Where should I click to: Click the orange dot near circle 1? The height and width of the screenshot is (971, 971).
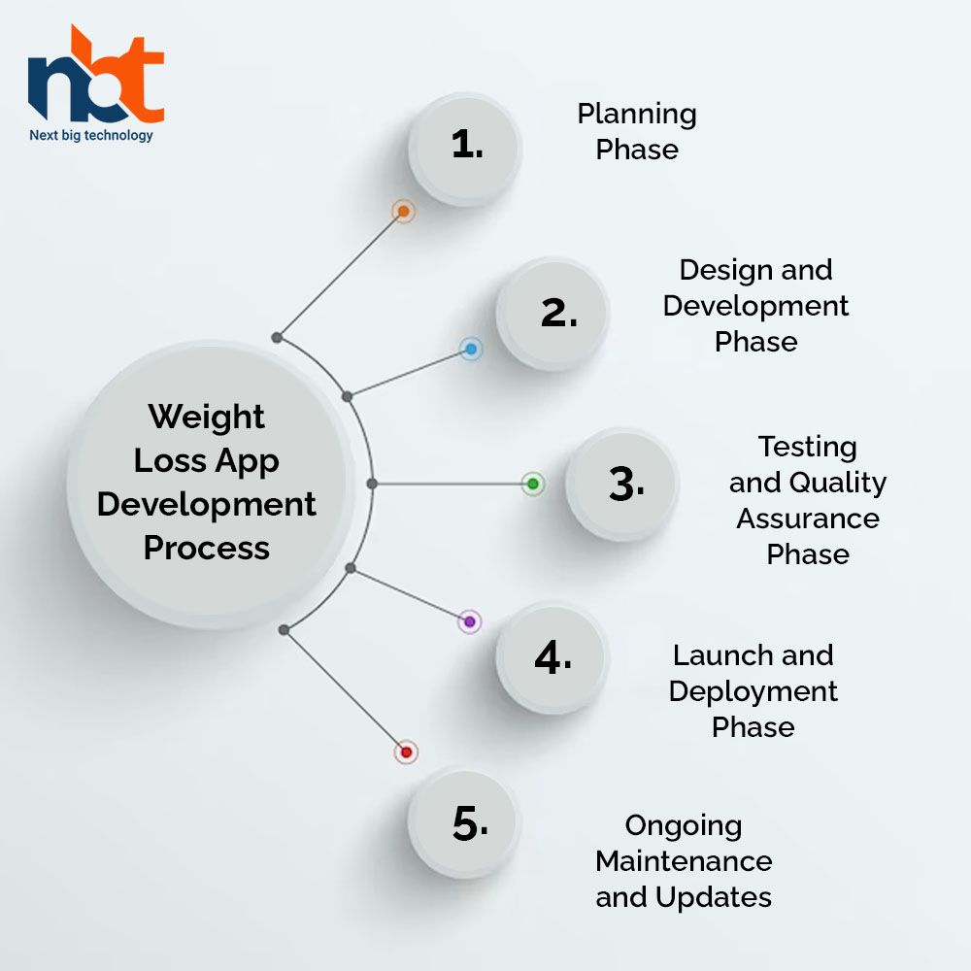403,211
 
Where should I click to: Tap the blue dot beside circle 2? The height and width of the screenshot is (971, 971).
471,350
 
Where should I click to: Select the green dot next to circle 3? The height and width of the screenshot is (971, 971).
532,484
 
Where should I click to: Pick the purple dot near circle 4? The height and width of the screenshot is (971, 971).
469,621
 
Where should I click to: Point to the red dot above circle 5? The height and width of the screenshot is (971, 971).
406,753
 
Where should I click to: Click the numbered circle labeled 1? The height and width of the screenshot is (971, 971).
464,149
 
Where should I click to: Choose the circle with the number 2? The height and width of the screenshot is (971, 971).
552,314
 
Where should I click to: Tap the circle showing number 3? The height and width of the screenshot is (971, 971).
622,485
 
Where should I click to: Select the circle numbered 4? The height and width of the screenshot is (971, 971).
552,657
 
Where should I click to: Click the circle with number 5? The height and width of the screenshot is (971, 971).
464,823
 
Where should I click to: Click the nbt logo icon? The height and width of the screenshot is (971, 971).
96,74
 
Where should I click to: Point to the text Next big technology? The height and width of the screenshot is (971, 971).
91,135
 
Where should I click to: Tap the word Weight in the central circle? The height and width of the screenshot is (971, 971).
206,417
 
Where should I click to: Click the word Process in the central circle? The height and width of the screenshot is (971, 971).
207,548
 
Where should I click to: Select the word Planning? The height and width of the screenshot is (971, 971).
637,116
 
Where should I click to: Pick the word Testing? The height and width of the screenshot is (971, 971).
808,448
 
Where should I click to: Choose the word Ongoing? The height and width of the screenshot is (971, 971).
684,826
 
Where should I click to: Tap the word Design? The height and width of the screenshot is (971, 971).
725,271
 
